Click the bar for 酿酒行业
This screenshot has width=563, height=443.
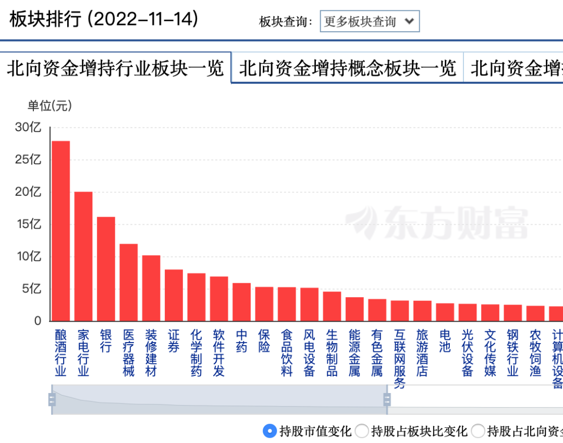click(x=60, y=231)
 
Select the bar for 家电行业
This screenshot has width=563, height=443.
click(x=83, y=257)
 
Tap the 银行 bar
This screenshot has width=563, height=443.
click(x=106, y=269)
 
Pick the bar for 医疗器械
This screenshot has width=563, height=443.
click(x=129, y=283)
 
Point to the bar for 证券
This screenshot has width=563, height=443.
click(x=174, y=295)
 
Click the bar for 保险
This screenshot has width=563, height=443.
click(x=264, y=304)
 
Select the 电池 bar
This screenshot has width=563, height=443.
click(x=445, y=312)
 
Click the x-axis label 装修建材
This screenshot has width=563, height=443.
click(x=151, y=352)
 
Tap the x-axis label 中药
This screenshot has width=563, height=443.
click(x=242, y=340)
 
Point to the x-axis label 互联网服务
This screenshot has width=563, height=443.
click(x=400, y=359)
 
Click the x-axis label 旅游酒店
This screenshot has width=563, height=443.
click(x=422, y=352)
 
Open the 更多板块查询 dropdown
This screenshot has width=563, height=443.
click(x=369, y=22)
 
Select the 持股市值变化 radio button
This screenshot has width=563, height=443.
click(x=270, y=431)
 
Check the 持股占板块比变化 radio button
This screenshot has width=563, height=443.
click(x=361, y=431)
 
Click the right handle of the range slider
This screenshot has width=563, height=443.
click(x=387, y=399)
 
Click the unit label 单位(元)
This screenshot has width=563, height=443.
click(x=50, y=106)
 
